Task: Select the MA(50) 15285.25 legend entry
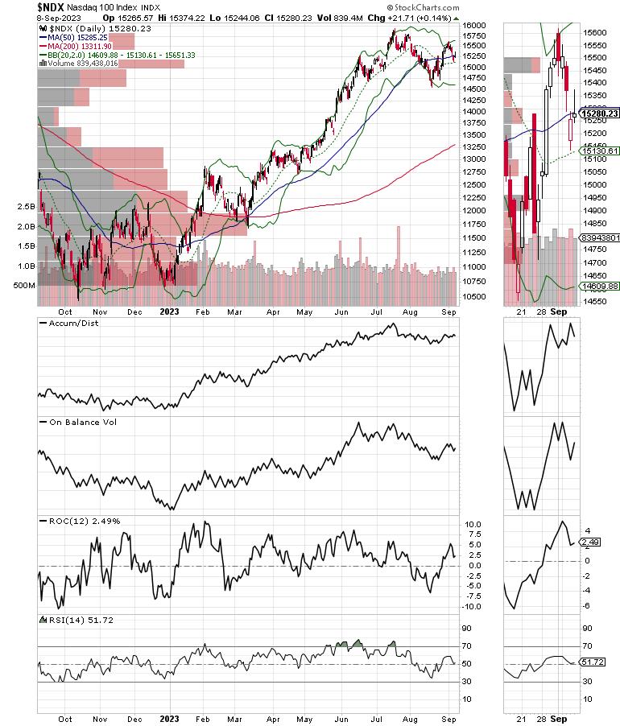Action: (x=77, y=37)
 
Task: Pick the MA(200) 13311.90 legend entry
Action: (x=80, y=46)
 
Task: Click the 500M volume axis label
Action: (x=23, y=286)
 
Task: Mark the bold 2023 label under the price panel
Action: (x=170, y=311)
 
